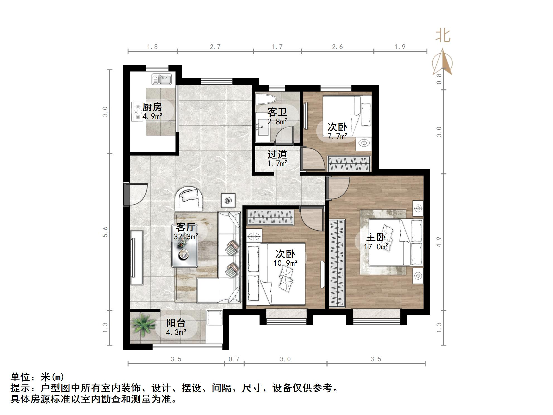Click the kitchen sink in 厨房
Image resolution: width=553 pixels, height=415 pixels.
coord(162,79)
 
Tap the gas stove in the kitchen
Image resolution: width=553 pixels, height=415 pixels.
coord(137,112)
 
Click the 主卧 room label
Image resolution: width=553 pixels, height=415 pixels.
coord(376,237)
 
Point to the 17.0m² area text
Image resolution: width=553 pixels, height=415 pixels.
coord(376,247)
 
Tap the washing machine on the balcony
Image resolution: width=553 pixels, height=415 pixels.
coord(214,318)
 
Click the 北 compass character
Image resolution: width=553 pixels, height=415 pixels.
coord(443,36)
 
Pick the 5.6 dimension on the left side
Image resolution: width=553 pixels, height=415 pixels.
coord(105,232)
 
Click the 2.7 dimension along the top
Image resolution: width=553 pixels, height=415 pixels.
coord(215,47)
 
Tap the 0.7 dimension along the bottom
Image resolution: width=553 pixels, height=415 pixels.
coord(234,359)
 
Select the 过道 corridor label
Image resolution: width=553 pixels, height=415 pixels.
coord(277,154)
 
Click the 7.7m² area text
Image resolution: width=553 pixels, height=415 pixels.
coord(337,136)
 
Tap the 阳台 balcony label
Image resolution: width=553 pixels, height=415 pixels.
coord(176,323)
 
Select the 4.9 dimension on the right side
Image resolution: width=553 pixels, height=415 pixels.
coord(439,242)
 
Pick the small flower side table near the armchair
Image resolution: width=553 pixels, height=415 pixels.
coord(228,200)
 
